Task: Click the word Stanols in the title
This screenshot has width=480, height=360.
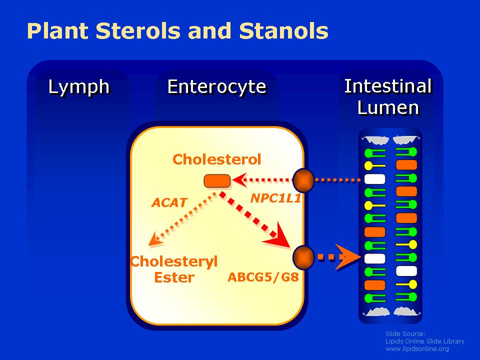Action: coord(283,31)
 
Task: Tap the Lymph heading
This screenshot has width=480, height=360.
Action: coord(78,87)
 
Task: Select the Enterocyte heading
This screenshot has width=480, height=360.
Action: coord(216,86)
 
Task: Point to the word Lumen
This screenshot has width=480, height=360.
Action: coord(388,108)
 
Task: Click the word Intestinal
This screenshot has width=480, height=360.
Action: coord(388,86)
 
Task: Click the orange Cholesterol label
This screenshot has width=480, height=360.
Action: coord(216,159)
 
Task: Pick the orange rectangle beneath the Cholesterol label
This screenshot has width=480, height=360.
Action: coord(217,180)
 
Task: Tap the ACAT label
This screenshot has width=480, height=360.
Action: coord(169,202)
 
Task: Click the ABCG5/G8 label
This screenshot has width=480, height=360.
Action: coord(263,277)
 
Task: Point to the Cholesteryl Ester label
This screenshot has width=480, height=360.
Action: coord(174,269)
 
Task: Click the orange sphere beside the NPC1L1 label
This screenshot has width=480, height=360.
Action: coord(303,180)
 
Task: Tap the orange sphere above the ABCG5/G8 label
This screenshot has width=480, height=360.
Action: coord(303,257)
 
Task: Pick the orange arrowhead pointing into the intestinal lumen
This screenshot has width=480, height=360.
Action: coord(348,257)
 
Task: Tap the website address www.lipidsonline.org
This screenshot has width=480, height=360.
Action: coord(417,349)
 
